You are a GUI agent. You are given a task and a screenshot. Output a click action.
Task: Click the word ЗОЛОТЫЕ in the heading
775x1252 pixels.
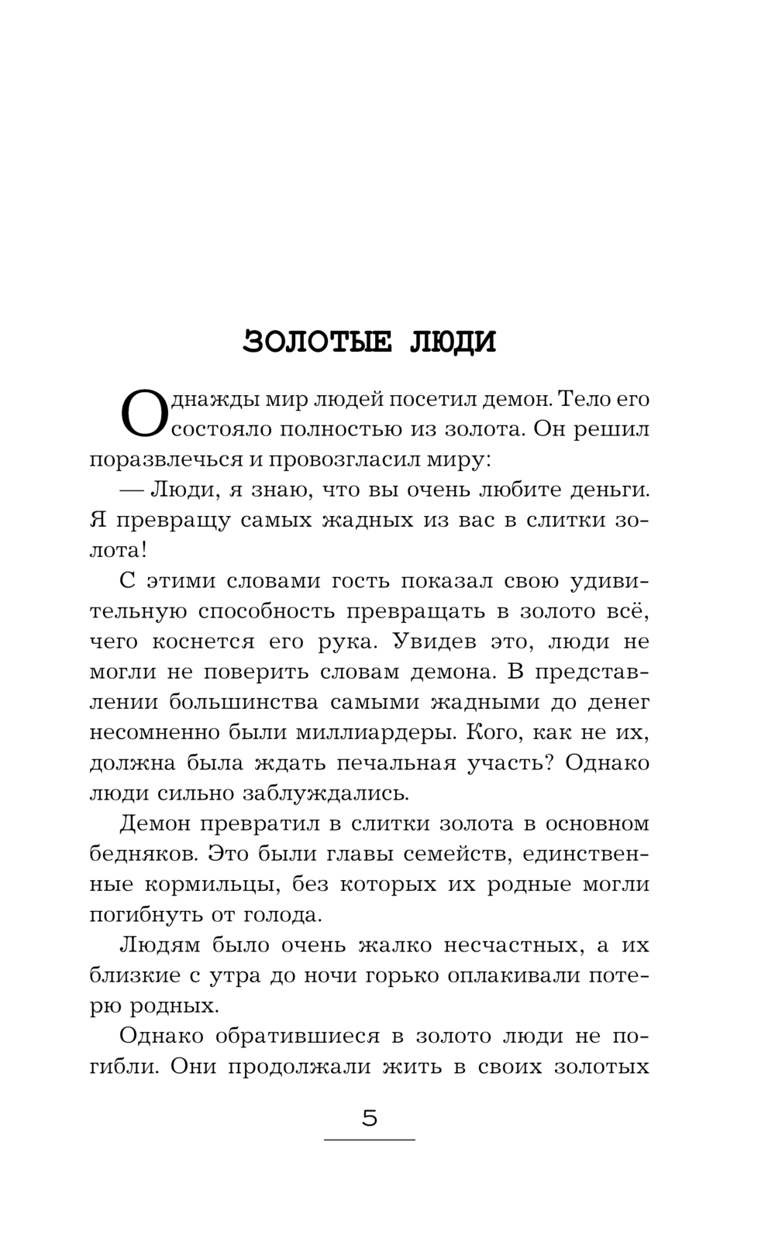318,342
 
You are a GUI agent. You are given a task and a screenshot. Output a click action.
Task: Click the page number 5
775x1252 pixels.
370,1119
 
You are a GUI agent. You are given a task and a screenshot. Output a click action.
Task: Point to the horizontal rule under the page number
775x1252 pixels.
370,1140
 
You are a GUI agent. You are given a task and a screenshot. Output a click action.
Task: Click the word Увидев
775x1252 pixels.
442,641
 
